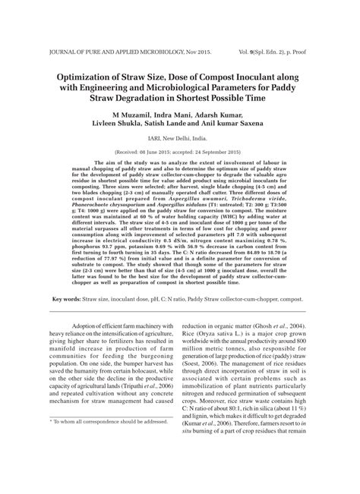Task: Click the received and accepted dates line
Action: tap(179, 150)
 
